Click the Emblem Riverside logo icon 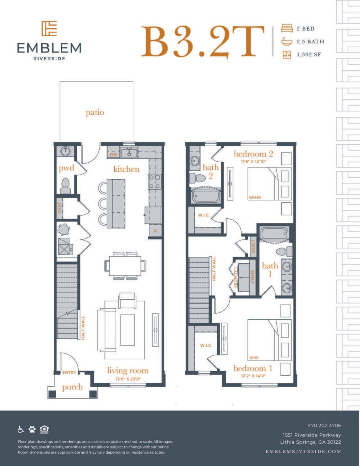tap(49, 28)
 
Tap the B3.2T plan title tap(202, 42)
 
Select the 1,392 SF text tap(309, 55)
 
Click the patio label tap(95, 112)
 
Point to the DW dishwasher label tap(114, 154)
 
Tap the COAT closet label tap(59, 208)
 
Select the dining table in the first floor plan tap(125, 266)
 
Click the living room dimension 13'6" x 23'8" tap(127, 379)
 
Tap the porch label tap(72, 387)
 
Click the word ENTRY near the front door tap(69, 372)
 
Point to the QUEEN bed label tap(255, 197)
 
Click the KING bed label tap(254, 358)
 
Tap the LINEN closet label tap(253, 246)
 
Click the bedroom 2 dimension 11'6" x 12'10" tap(253, 161)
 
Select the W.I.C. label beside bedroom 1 tap(206, 345)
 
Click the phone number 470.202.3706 tap(324, 425)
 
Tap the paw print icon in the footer tap(32, 429)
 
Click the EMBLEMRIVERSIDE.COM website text tap(303, 451)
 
